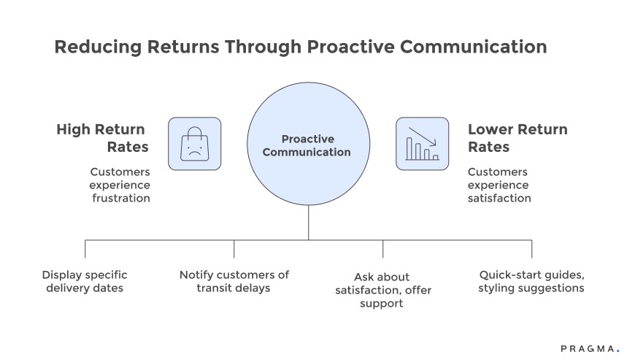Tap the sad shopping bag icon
tap(194, 144)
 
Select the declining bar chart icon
tap(423, 144)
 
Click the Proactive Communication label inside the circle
tap(307, 145)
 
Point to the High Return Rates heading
tap(103, 138)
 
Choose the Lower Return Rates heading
tap(517, 138)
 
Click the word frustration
tap(120, 198)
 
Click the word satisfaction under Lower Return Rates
tap(499, 198)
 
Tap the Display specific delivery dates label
tap(85, 281)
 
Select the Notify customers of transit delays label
tap(234, 281)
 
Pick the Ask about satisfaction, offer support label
tap(382, 290)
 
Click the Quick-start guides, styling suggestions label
tap(531, 281)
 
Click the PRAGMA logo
tap(589, 348)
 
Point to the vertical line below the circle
tap(307, 223)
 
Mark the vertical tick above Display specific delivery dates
tap(85, 248)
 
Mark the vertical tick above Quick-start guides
tap(531, 248)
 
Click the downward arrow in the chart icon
tap(421, 137)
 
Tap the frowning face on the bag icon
tap(194, 151)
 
